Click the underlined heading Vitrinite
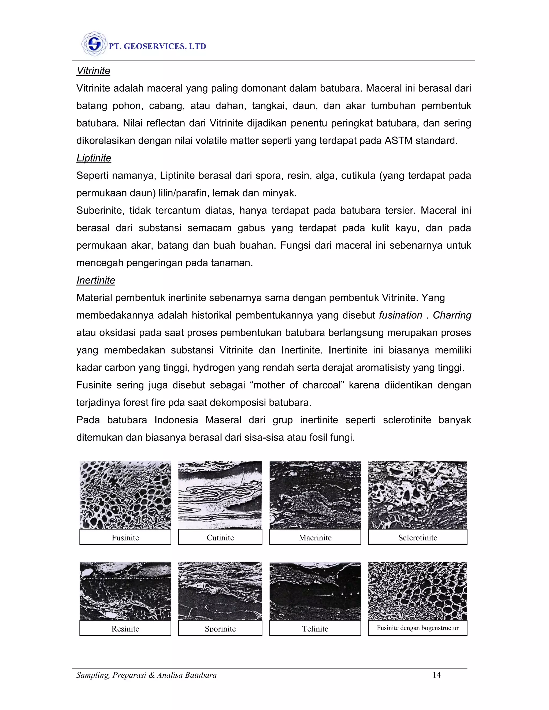pos(93,71)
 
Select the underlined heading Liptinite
pos(94,158)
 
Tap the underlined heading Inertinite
pos(96,280)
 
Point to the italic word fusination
pos(400,315)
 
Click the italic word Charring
pos(452,315)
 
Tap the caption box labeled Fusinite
pos(125,538)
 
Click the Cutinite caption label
pos(220,538)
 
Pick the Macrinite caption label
pos(315,538)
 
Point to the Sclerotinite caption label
pos(418,538)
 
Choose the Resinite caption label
pos(125,629)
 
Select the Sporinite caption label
pos(220,629)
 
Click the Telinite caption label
pos(315,629)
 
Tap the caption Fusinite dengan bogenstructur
pos(418,628)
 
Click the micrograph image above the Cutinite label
pos(220,495)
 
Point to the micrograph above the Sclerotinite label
pos(418,495)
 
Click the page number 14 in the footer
pos(436,675)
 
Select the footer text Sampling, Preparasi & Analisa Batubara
pos(146,675)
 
